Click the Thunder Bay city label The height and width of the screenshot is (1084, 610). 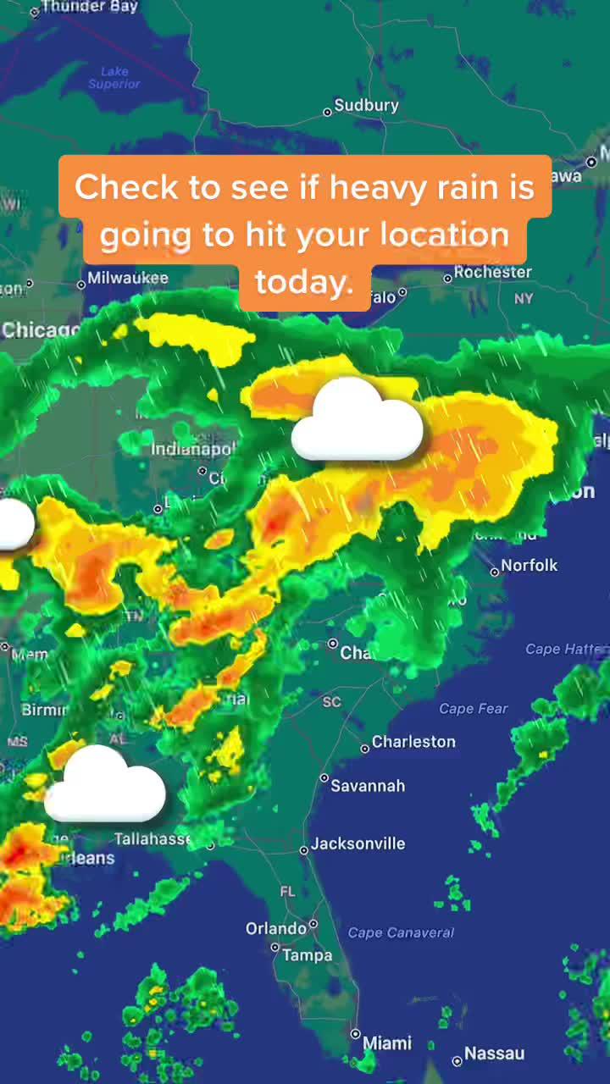(x=88, y=7)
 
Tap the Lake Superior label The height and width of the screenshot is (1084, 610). (x=114, y=78)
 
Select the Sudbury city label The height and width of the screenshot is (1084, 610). (x=365, y=106)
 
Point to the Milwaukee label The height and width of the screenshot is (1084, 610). (x=127, y=278)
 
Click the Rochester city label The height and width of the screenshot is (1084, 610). (x=492, y=273)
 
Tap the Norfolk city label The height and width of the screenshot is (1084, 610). (x=529, y=565)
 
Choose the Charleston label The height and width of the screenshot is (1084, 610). (x=413, y=742)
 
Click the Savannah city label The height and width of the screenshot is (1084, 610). (x=367, y=786)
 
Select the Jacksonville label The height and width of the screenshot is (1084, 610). (x=358, y=843)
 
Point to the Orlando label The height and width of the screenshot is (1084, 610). (x=276, y=929)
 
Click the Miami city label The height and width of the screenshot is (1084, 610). (x=387, y=1043)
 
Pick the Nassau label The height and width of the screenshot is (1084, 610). (x=494, y=1054)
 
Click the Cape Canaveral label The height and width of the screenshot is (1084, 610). (x=401, y=932)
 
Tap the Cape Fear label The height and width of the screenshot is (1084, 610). (x=474, y=709)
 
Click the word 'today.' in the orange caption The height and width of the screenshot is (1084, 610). (x=304, y=283)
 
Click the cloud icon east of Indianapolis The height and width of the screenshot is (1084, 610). (x=357, y=421)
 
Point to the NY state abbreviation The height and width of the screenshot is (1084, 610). (x=524, y=299)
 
